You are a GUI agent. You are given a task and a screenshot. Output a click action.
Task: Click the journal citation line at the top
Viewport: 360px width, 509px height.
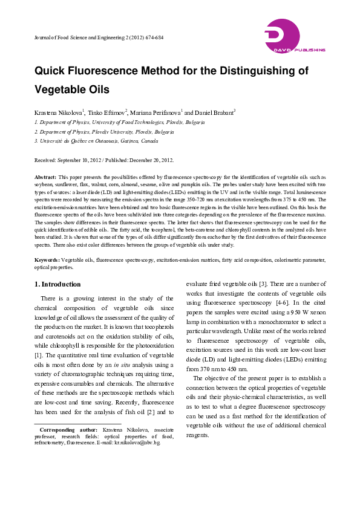pyautogui.click(x=98, y=37)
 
